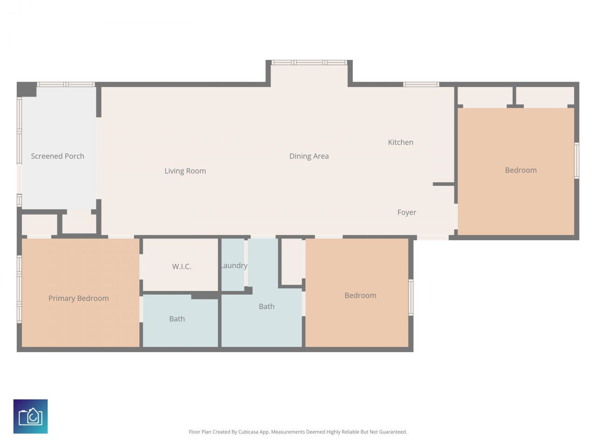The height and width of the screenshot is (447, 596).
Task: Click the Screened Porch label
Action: pyautogui.click(x=57, y=156)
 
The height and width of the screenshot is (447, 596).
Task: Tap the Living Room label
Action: pyautogui.click(x=185, y=171)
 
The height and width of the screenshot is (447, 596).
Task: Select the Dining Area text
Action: pyautogui.click(x=309, y=156)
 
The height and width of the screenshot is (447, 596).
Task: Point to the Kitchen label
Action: pyautogui.click(x=400, y=142)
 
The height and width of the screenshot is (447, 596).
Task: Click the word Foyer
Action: pyautogui.click(x=406, y=212)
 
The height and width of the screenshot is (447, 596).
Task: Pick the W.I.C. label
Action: pyautogui.click(x=182, y=266)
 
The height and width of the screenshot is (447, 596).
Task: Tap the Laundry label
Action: pyautogui.click(x=234, y=265)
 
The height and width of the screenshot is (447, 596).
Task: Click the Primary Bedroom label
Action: pyautogui.click(x=78, y=298)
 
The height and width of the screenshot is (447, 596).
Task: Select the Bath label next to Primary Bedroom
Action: pyautogui.click(x=177, y=318)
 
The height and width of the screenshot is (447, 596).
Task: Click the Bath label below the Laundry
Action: pyautogui.click(x=266, y=306)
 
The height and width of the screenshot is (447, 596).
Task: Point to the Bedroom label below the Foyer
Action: pyautogui.click(x=360, y=295)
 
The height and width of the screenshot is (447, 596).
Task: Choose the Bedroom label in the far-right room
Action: pyautogui.click(x=521, y=170)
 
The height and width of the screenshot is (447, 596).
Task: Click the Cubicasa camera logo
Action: pyautogui.click(x=30, y=416)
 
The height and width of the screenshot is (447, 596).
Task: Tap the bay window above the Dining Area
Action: pyautogui.click(x=309, y=62)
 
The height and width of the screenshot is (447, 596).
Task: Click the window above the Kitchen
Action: pyautogui.click(x=421, y=84)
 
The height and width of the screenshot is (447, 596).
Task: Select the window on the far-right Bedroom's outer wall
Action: pyautogui.click(x=576, y=161)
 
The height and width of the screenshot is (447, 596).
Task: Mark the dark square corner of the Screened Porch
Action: pyautogui.click(x=27, y=89)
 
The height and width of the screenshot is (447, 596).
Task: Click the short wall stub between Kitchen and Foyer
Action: pyautogui.click(x=443, y=184)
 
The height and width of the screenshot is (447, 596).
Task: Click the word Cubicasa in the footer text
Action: pyautogui.click(x=249, y=432)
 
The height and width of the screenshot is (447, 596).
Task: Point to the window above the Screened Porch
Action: pyautogui.click(x=66, y=84)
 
